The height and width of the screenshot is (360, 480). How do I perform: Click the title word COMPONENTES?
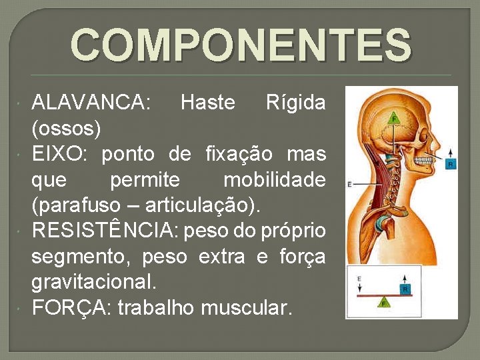pos(241,45)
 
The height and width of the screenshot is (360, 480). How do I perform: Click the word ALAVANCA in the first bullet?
pos(91,103)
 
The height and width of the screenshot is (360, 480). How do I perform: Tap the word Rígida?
pos(295,103)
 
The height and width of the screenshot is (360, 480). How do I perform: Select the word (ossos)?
pos(66,127)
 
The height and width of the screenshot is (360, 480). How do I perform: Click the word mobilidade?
pos(274,179)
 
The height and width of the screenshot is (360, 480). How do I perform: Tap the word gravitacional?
pos(94,282)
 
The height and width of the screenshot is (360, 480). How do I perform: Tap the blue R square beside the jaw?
pos(451,163)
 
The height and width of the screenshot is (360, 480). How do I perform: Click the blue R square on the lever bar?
pos(405,289)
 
